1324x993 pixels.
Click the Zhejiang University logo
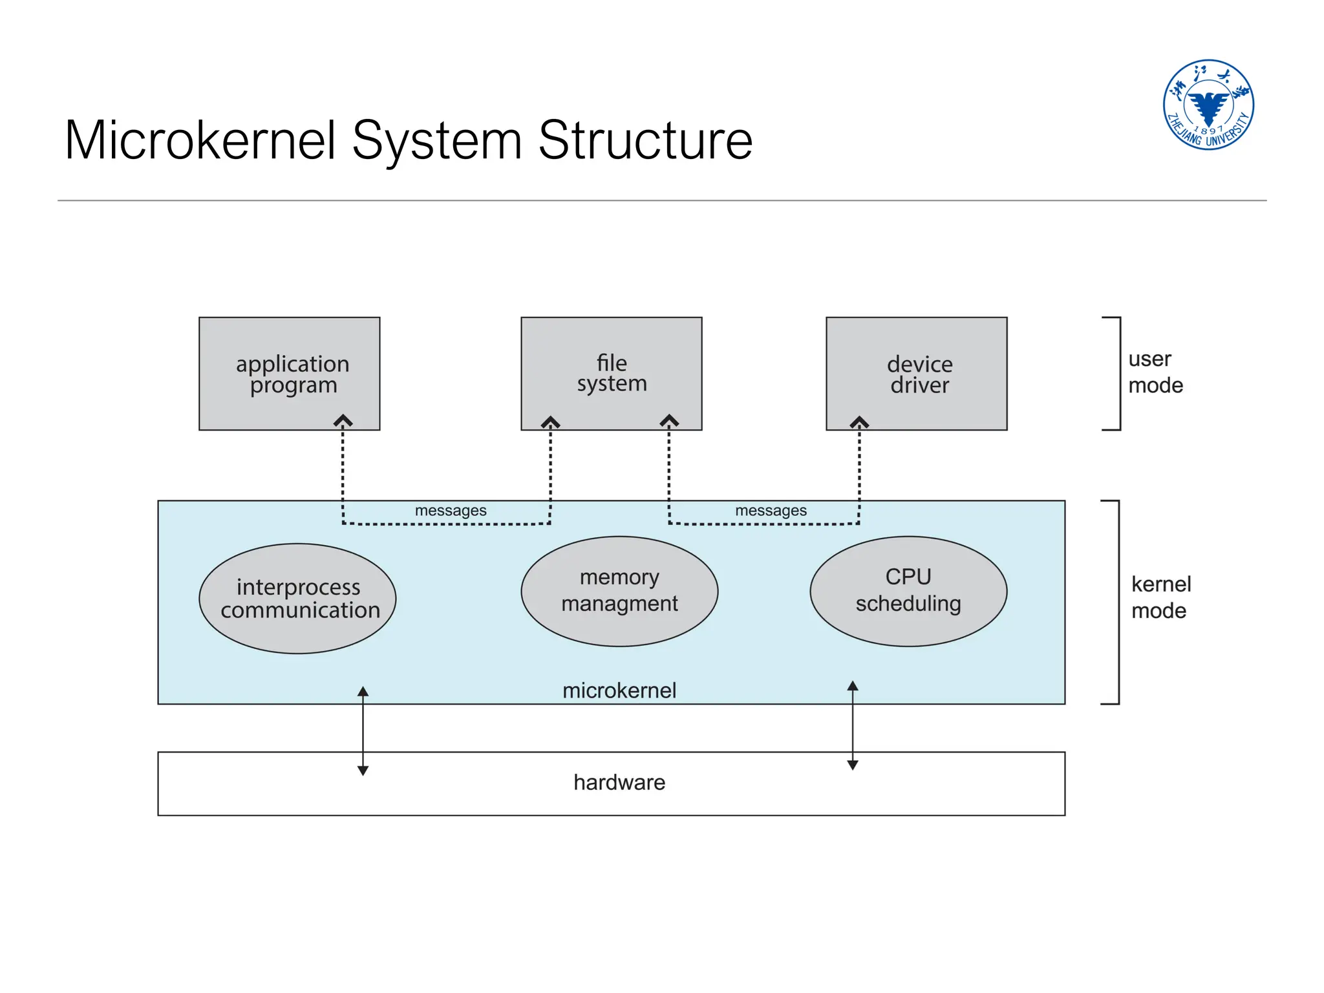click(x=1208, y=105)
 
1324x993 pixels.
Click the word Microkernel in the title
click(x=200, y=140)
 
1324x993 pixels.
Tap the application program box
click(x=289, y=373)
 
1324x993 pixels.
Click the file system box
click(x=611, y=373)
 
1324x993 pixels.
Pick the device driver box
click(x=916, y=373)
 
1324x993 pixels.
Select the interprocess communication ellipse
click(x=297, y=598)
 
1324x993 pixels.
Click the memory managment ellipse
click(x=619, y=591)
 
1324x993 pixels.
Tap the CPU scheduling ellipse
click(x=908, y=591)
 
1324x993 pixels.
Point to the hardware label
click(x=619, y=782)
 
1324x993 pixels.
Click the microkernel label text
click(x=619, y=690)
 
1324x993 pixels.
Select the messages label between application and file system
click(x=451, y=511)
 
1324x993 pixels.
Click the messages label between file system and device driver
click(x=771, y=511)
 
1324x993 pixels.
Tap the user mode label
click(x=1155, y=372)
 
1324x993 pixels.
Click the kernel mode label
click(x=1160, y=597)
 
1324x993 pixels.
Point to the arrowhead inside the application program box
click(x=343, y=421)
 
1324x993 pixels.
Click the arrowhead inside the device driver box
click(x=859, y=422)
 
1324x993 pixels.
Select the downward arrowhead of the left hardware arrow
click(x=363, y=770)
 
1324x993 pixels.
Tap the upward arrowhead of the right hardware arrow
click(x=853, y=686)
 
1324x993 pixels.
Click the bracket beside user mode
click(x=1118, y=373)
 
